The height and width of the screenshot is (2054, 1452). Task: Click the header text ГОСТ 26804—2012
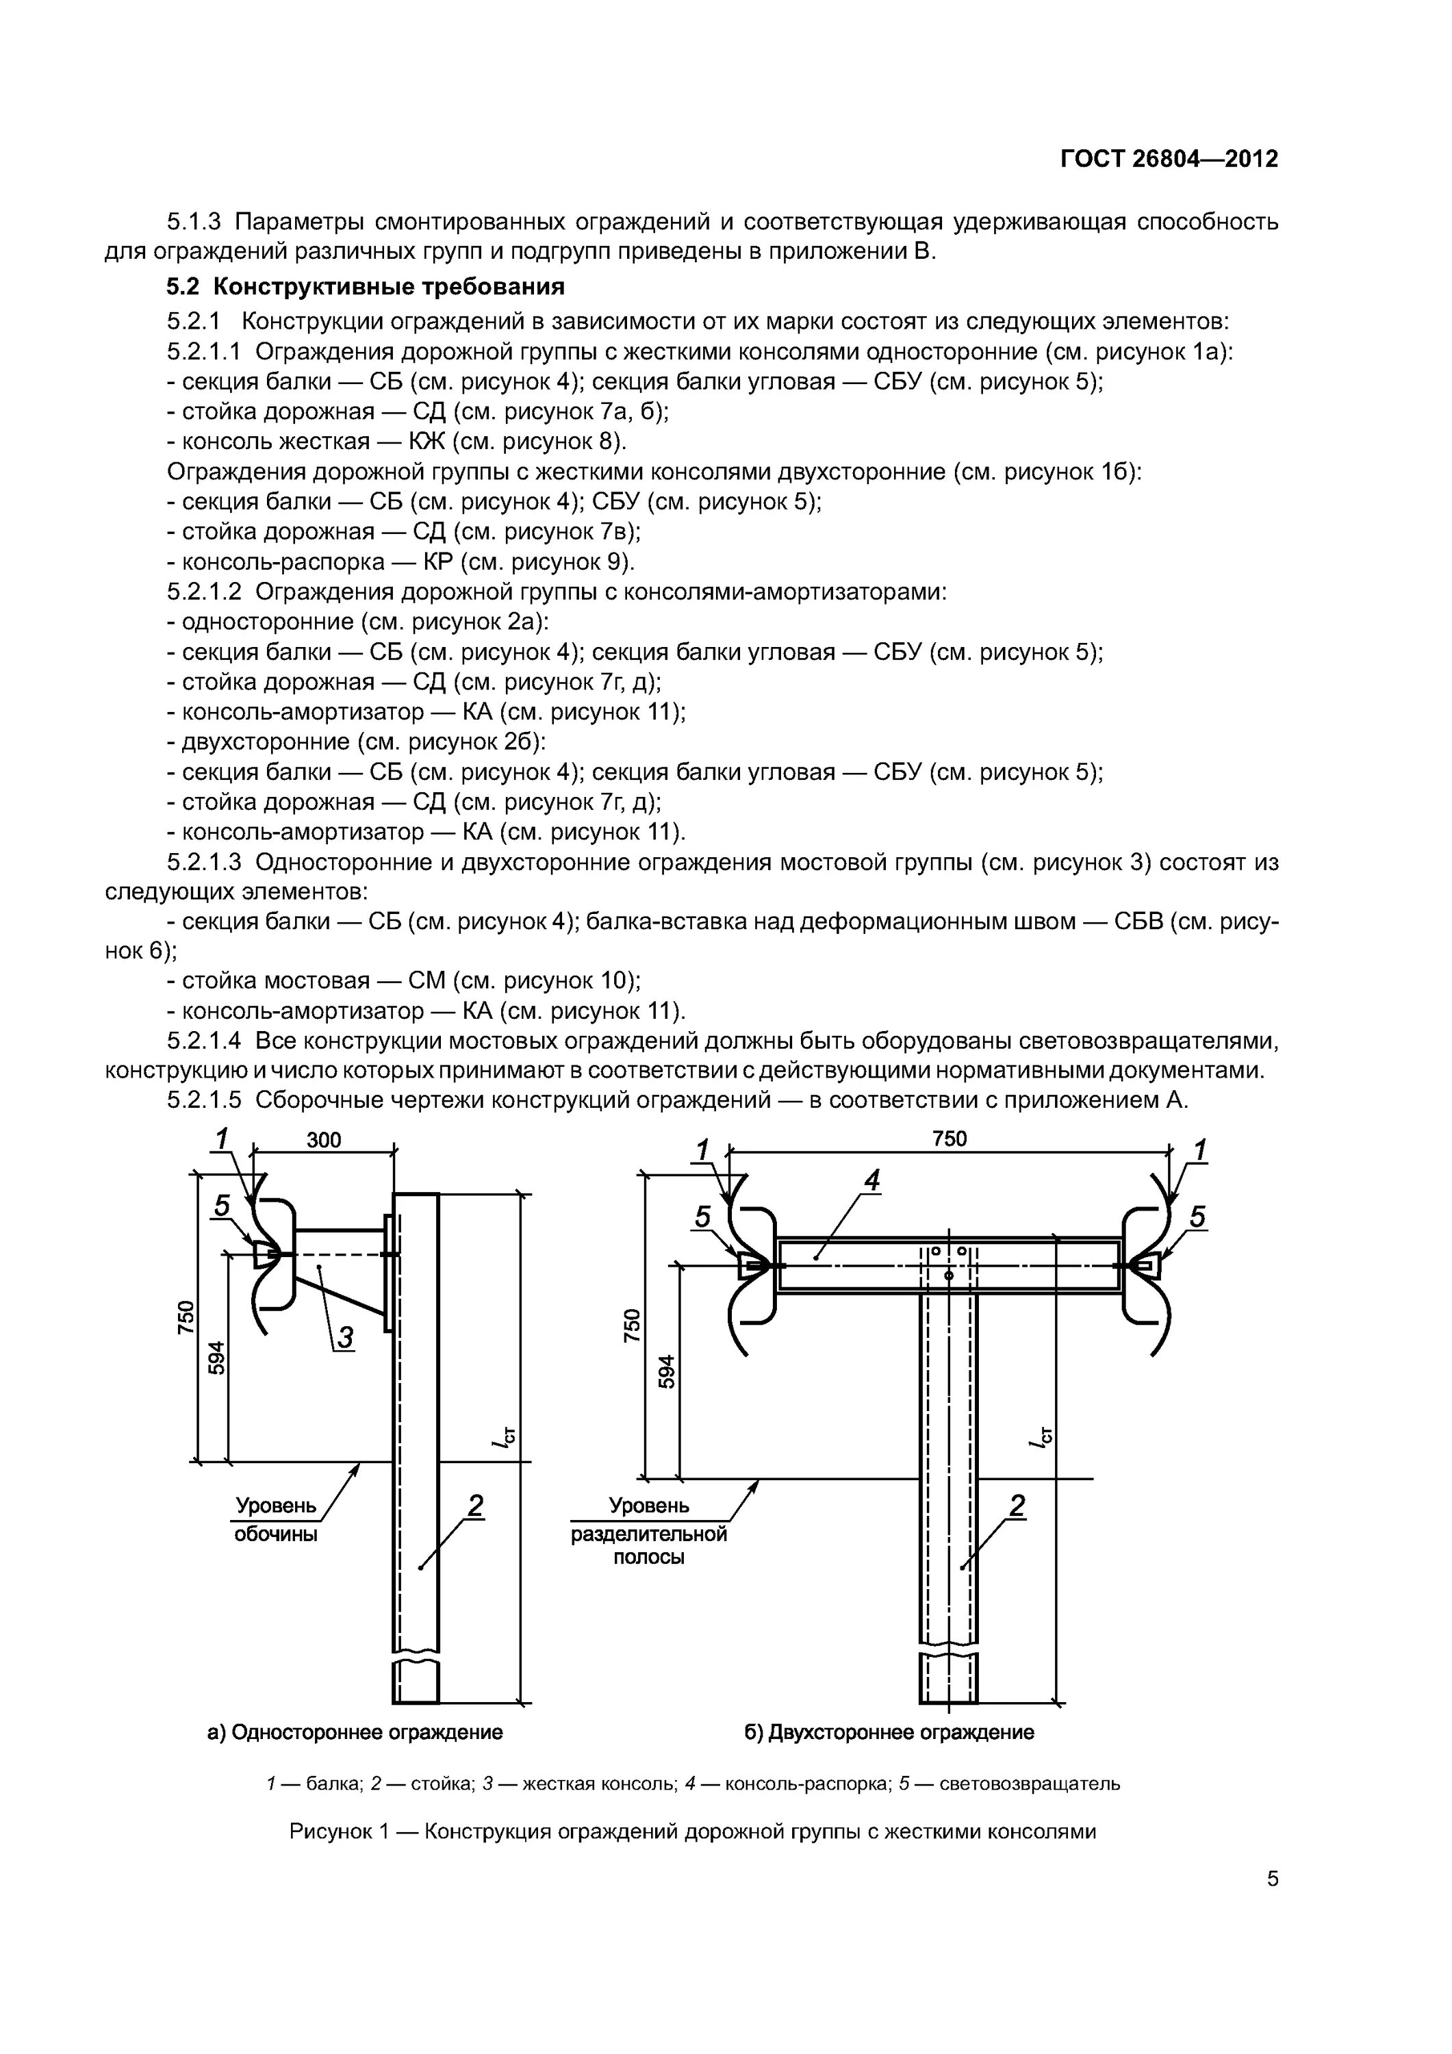(x=1169, y=160)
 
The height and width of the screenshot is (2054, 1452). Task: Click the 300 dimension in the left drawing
(x=324, y=1140)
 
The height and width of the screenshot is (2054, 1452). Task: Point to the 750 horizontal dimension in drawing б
(x=950, y=1138)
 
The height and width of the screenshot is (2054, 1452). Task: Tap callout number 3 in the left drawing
(x=344, y=1336)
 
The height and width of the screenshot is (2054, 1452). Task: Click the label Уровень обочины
(x=276, y=1519)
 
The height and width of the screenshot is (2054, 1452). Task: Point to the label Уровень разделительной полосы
(x=648, y=1532)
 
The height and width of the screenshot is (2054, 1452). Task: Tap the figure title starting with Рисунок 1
(x=692, y=1831)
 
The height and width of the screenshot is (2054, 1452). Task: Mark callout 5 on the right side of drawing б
(x=1197, y=1217)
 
